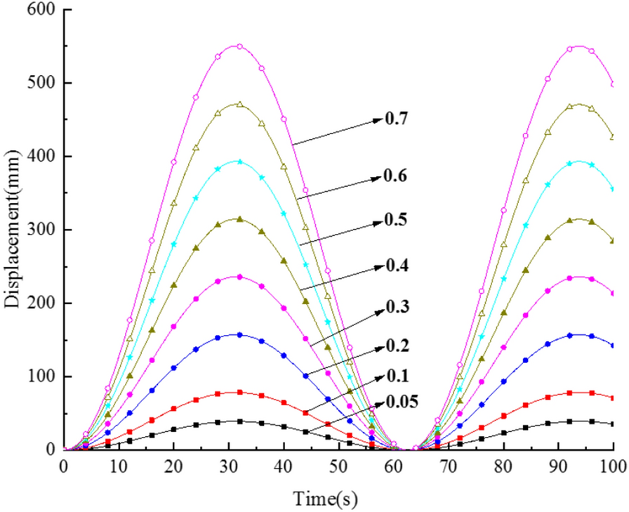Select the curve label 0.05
click(402, 402)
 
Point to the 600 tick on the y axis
click(39, 10)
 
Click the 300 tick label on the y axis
click(39, 230)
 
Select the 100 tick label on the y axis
click(39, 376)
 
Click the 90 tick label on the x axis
click(558, 465)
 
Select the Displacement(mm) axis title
click(12, 230)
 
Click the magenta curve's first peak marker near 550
click(239, 47)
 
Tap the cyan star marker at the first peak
click(239, 162)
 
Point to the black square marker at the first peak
click(239, 421)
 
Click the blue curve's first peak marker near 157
click(239, 335)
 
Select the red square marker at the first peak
click(239, 393)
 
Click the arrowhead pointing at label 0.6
click(378, 178)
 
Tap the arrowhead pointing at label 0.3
click(378, 309)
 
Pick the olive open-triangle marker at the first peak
click(239, 105)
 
